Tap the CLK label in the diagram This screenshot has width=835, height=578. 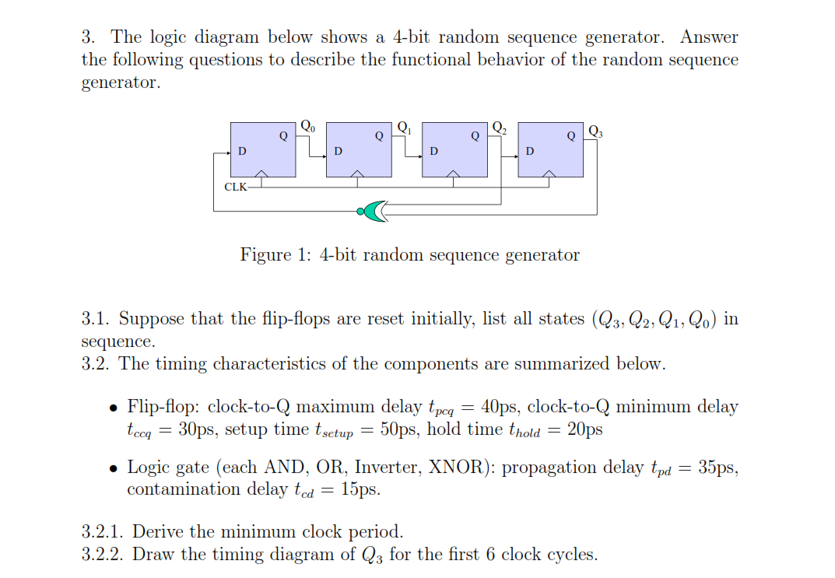tap(235, 187)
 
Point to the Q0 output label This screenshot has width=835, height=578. tap(308, 126)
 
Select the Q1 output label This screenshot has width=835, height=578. tap(404, 128)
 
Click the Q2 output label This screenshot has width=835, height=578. tap(500, 128)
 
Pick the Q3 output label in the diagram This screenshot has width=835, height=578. tap(595, 131)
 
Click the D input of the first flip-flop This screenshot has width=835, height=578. tap(242, 151)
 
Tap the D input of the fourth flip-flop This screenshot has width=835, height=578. tap(530, 151)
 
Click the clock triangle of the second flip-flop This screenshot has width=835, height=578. tap(357, 173)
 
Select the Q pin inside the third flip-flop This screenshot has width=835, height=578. tap(475, 136)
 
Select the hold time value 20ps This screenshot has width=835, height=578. tap(584, 429)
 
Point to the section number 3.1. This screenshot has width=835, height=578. tap(96, 318)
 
